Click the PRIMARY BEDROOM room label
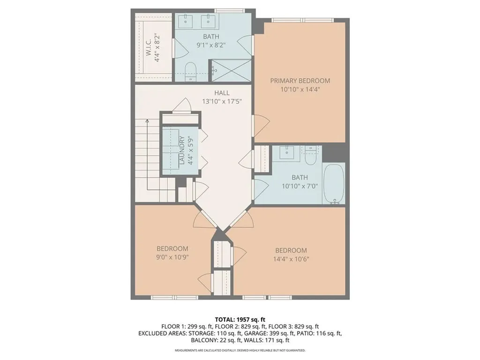(x=300, y=81)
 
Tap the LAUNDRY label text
(x=182, y=150)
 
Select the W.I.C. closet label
(x=149, y=48)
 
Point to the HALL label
(x=222, y=93)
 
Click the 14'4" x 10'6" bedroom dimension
(x=291, y=259)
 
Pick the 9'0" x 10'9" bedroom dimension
(x=172, y=257)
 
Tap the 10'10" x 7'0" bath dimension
(x=300, y=186)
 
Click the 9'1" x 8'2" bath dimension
(x=211, y=45)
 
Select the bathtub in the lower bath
(x=333, y=184)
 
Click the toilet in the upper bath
(x=191, y=72)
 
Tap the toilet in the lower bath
(x=310, y=156)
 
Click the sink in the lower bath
(x=287, y=151)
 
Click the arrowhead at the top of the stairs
(x=147, y=121)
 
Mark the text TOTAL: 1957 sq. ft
(x=240, y=320)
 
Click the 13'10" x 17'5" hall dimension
(x=222, y=101)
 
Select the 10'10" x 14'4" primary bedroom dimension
(x=300, y=90)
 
